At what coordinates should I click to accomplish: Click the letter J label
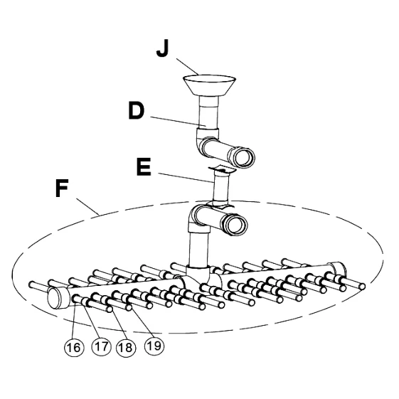click(x=162, y=48)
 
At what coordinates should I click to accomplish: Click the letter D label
click(x=137, y=111)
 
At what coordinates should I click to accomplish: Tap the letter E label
click(x=144, y=167)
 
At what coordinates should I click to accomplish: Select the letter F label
click(x=62, y=188)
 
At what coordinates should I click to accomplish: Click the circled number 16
click(x=74, y=347)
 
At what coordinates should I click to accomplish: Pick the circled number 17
click(x=101, y=346)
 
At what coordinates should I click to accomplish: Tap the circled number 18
click(x=126, y=347)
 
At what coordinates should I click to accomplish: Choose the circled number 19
click(x=154, y=346)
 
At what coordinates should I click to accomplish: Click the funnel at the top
click(x=209, y=85)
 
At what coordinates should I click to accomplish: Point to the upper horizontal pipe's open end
click(x=245, y=157)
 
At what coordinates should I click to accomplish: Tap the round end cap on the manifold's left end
click(x=55, y=298)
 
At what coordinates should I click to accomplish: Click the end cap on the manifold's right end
click(x=337, y=270)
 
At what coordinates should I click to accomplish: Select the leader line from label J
click(x=188, y=67)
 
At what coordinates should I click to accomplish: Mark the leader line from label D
click(x=179, y=122)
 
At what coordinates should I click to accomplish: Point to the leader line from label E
click(x=186, y=178)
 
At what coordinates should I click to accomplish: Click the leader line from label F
click(x=87, y=207)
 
